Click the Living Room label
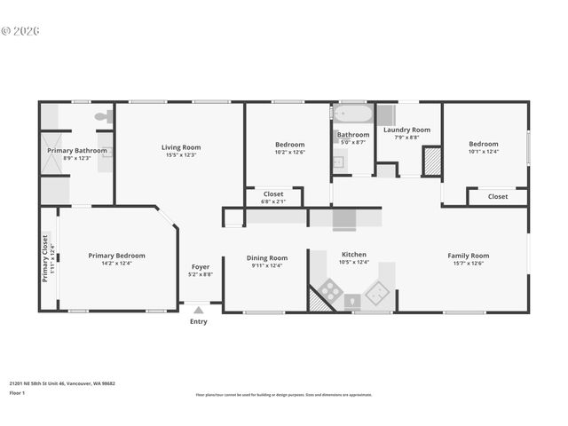coord(180,147)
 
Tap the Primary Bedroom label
coord(116,256)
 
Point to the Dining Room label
coord(266,257)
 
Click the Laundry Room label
coord(406,130)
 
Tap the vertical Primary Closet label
coord(45,257)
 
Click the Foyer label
coord(201,266)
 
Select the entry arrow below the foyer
coord(198,310)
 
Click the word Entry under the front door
coord(198,321)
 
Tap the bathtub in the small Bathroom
coord(352,114)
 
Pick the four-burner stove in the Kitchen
coord(331,289)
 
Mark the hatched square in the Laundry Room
coord(431,160)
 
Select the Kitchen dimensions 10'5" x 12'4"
coord(353,262)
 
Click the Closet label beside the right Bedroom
coord(498,196)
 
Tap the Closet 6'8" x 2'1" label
coord(273,197)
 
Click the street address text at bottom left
coord(62,383)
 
